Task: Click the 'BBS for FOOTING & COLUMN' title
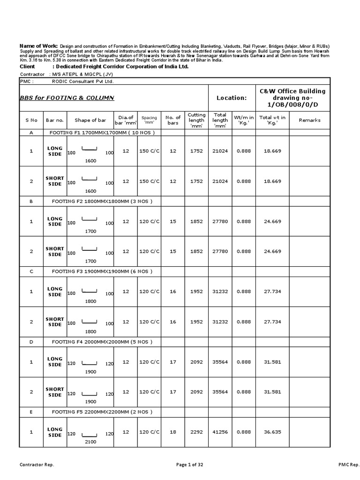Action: point(67,98)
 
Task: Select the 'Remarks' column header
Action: point(309,120)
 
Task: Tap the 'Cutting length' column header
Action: point(196,120)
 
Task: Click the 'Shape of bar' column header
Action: point(90,120)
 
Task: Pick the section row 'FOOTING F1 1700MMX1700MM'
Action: point(103,133)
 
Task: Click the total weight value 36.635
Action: point(272,432)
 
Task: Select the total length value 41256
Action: point(220,432)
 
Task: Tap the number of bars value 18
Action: point(173,432)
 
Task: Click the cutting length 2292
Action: point(196,432)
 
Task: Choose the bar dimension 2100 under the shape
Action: point(90,442)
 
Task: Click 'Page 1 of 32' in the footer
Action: point(190,465)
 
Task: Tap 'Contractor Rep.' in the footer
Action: point(37,465)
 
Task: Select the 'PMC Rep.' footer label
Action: point(348,465)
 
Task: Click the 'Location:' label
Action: point(231,98)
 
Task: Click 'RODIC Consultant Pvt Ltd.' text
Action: point(83,81)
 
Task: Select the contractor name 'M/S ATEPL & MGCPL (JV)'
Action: point(83,74)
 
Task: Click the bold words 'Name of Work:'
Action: point(38,45)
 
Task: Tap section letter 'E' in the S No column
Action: point(31,412)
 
